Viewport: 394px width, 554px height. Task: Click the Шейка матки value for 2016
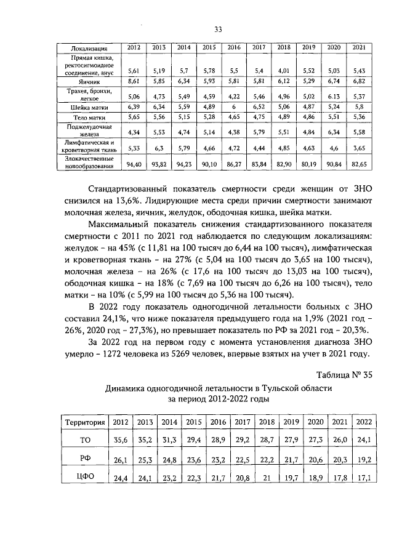tap(234, 107)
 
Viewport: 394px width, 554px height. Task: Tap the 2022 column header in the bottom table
tap(364, 422)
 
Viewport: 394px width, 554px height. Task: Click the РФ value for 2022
tap(364, 460)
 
